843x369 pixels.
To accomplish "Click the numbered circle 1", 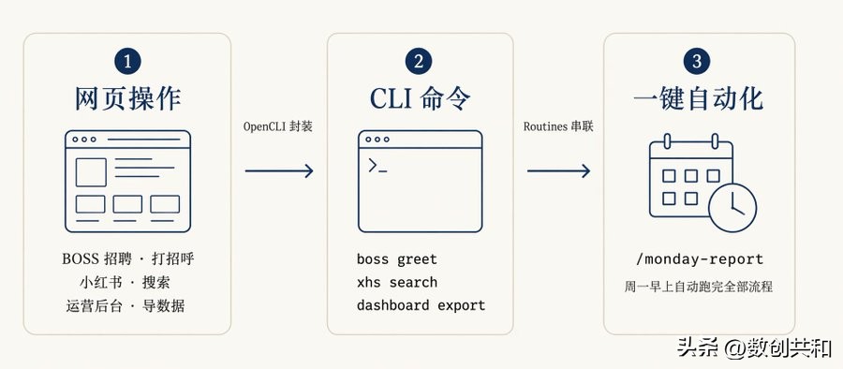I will (x=127, y=62).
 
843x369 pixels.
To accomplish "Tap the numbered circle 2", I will (x=420, y=62).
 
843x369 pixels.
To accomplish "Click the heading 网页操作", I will (x=127, y=99).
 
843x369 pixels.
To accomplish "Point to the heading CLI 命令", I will (x=420, y=99).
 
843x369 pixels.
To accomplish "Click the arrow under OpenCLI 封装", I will (x=278, y=170).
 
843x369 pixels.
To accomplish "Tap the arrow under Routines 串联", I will (x=558, y=170).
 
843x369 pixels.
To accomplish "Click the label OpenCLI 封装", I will (x=278, y=126).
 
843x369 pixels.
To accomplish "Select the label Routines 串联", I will (x=558, y=126).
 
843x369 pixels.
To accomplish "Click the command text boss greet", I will (x=396, y=258).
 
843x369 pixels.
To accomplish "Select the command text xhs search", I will (x=396, y=282).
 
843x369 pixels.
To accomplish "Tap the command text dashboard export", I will (x=421, y=305).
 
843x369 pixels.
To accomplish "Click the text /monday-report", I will (x=700, y=259).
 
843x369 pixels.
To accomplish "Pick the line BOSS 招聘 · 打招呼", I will (x=127, y=258).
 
